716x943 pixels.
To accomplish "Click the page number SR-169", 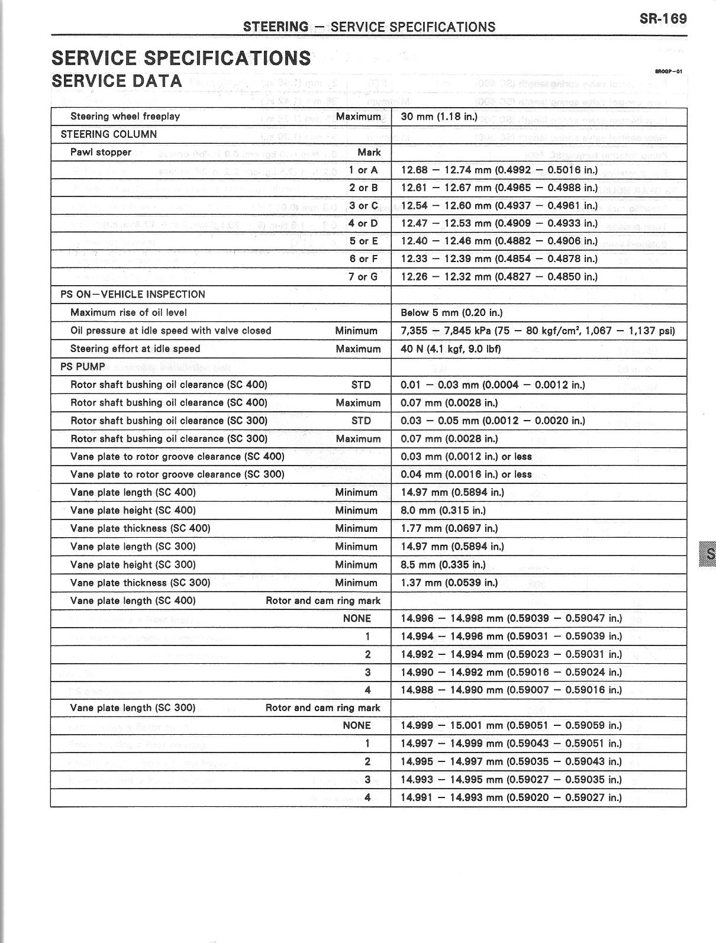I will tap(663, 18).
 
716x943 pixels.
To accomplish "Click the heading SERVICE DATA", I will tap(117, 81).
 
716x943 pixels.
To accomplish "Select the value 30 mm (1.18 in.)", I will tap(438, 117).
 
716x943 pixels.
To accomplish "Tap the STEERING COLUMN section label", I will tap(108, 134).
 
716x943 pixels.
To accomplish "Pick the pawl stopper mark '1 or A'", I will tap(363, 170).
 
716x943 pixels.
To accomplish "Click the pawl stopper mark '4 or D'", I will tap(363, 224).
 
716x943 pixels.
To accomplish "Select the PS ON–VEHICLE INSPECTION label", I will tap(133, 295).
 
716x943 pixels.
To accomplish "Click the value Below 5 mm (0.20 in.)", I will tap(451, 313).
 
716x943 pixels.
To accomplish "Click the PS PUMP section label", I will tap(82, 367).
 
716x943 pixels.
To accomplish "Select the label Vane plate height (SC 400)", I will tap(133, 511).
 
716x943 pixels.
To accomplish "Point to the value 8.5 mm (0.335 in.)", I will tap(443, 565).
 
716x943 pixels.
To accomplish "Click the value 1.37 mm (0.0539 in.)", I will tap(449, 583).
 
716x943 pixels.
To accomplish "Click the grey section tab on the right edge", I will tap(708, 554).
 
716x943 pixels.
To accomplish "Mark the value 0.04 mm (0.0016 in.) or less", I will tap(466, 474).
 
